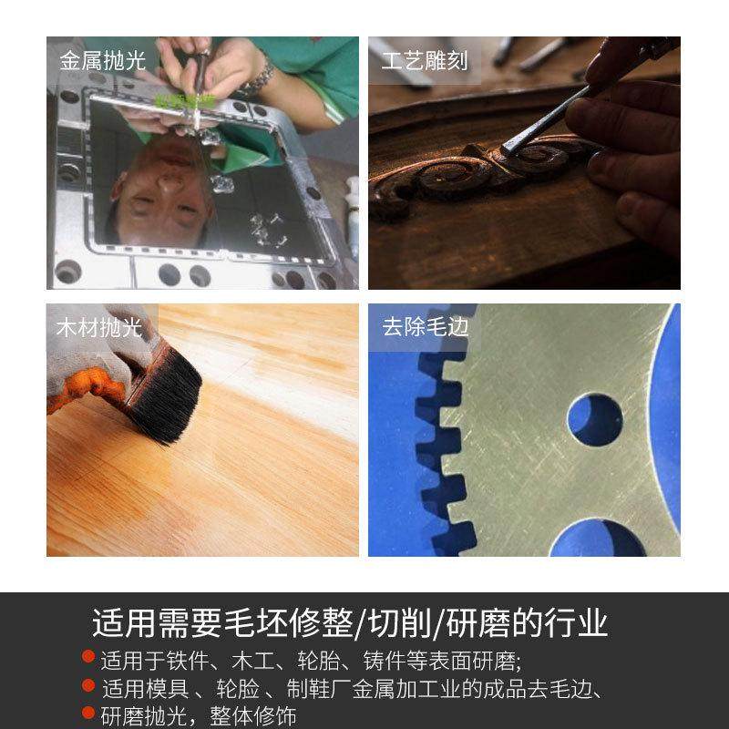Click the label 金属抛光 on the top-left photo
click(x=102, y=61)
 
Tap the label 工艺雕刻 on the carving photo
click(x=425, y=61)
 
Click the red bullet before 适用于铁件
click(x=88, y=656)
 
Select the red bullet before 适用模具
click(x=88, y=685)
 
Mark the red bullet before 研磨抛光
click(x=88, y=713)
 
